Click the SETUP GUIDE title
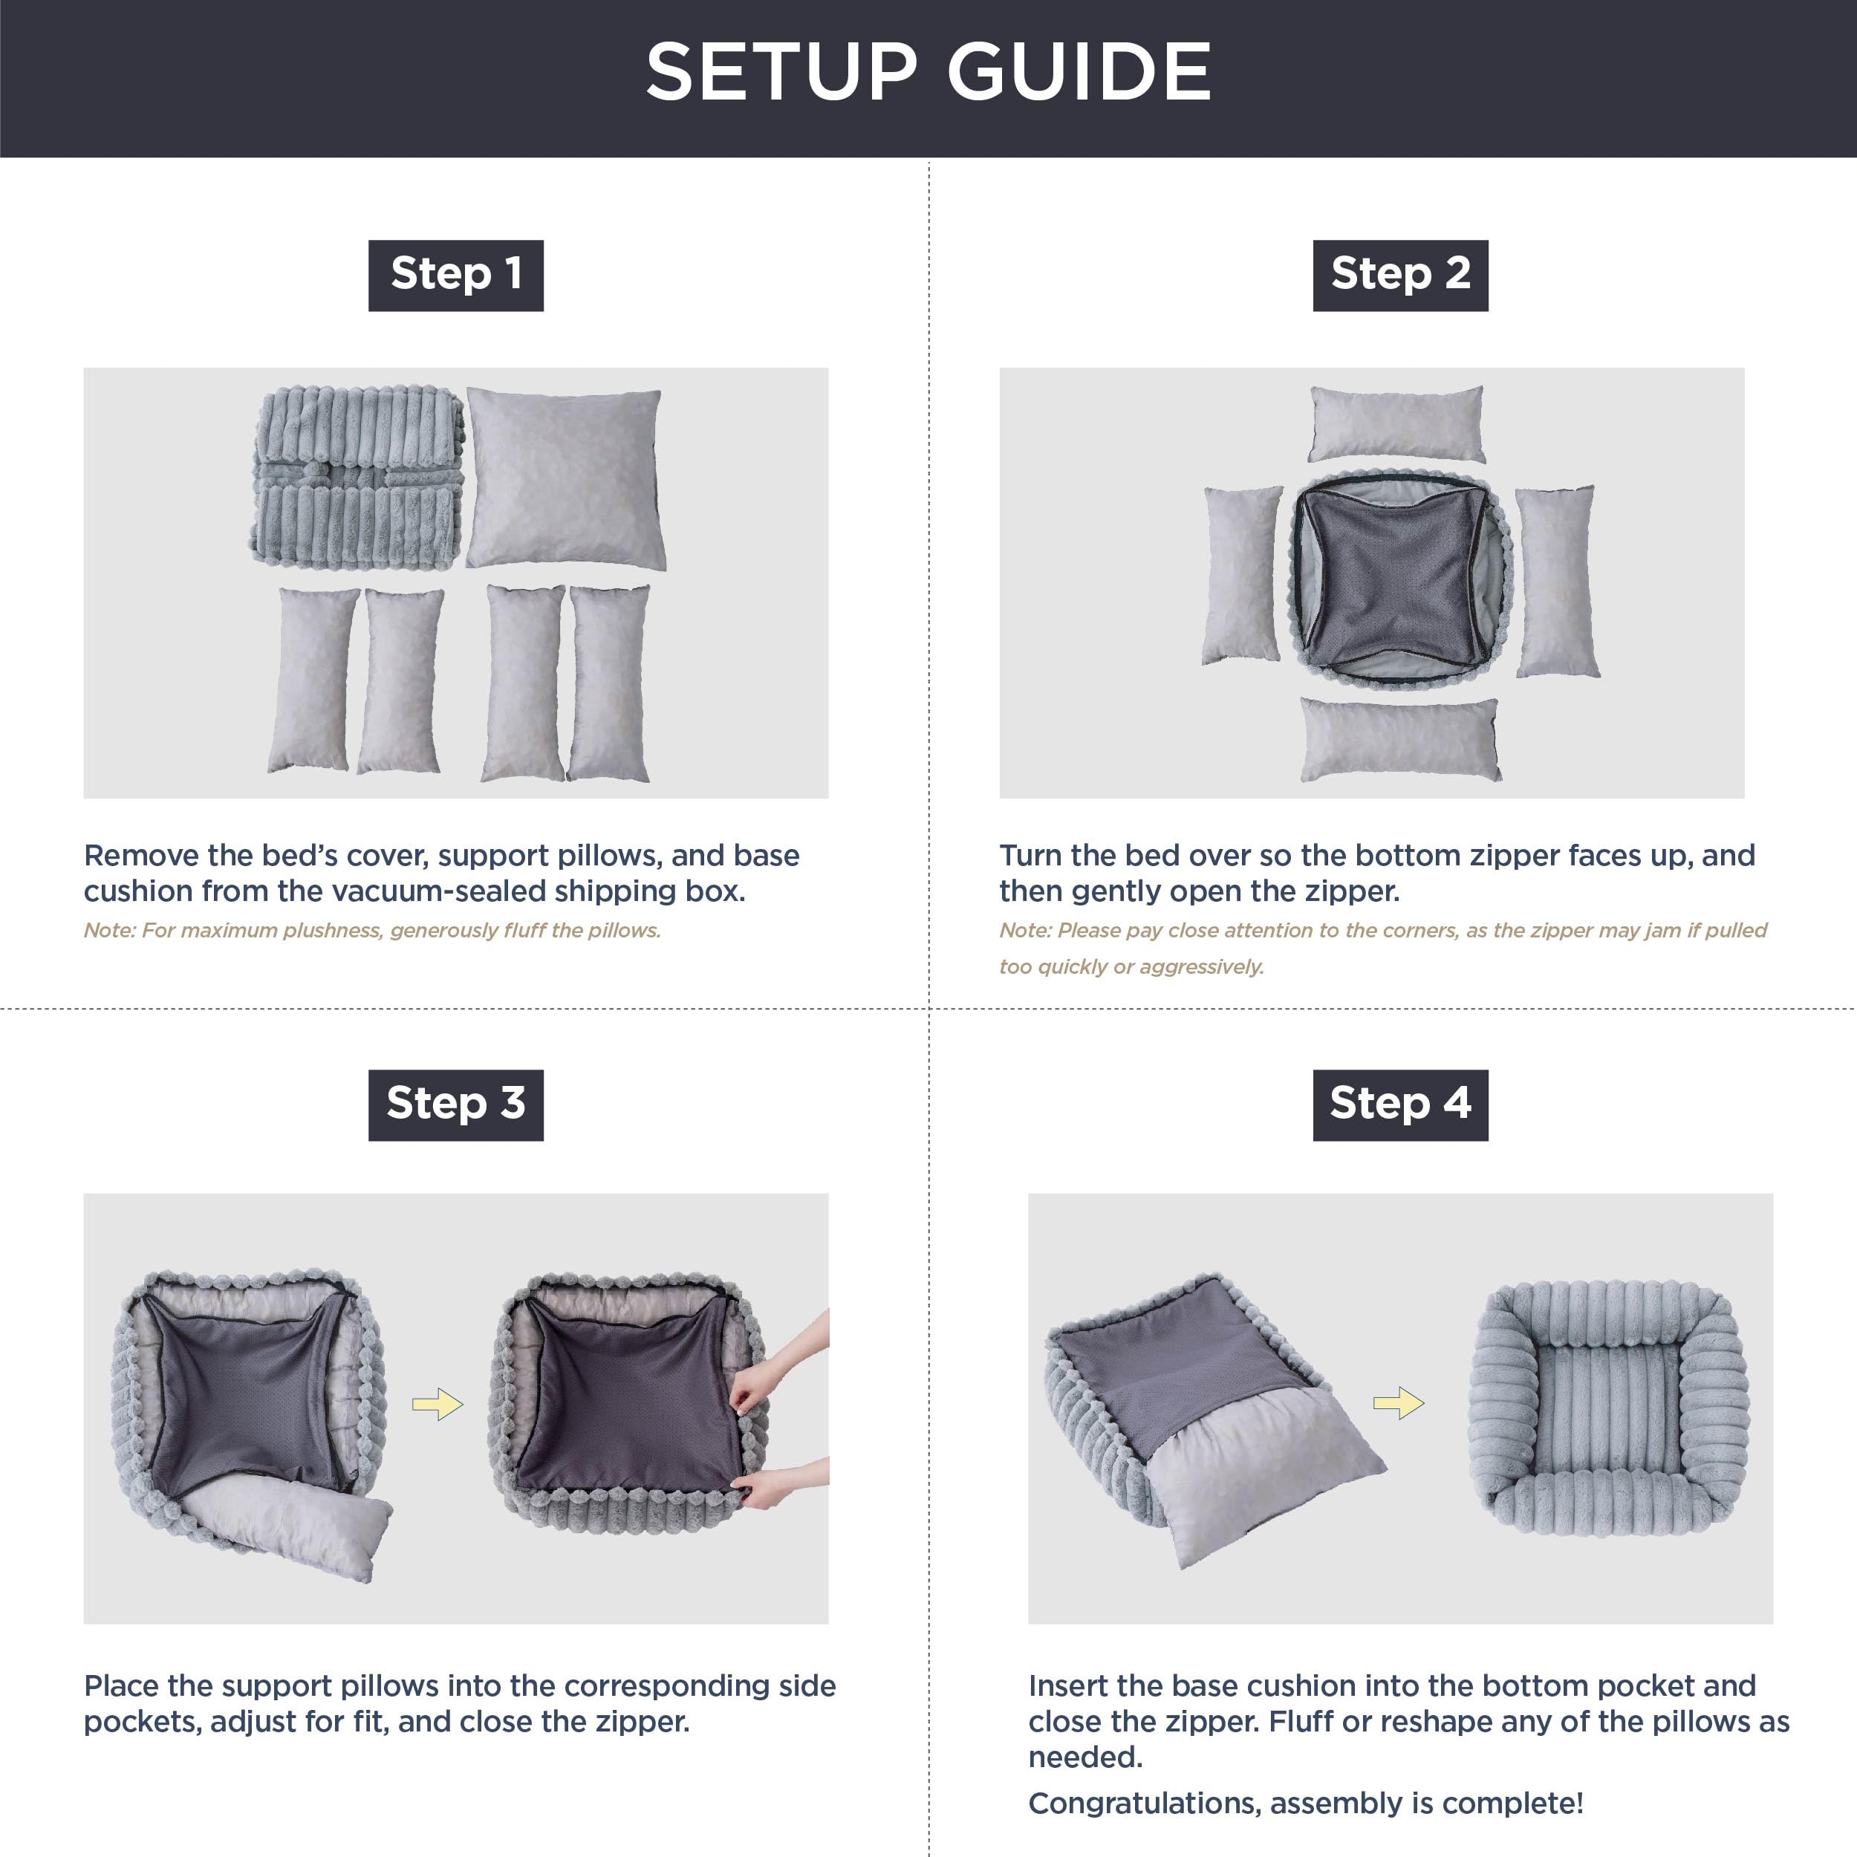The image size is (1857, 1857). pos(928,72)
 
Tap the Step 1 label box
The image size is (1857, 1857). pos(455,275)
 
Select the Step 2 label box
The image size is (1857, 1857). pos(1399,275)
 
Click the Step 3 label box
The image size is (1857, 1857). pos(455,1105)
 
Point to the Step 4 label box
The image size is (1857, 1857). pos(1399,1105)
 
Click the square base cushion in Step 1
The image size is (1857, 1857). pos(565,478)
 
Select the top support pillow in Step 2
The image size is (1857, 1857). pos(1396,423)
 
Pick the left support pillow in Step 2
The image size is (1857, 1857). pos(1242,575)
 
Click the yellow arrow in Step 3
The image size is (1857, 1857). pos(438,1405)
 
